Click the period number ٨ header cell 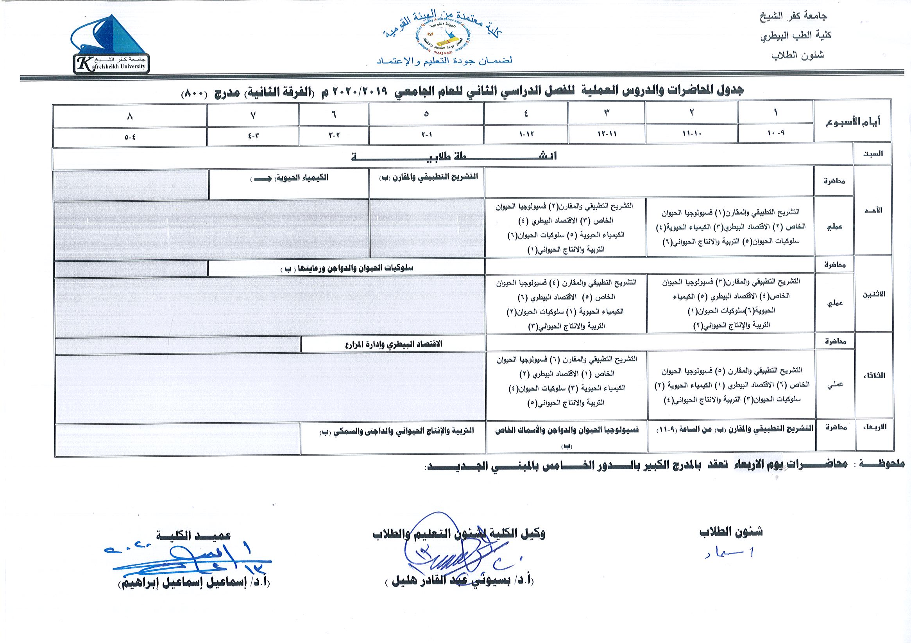click(x=130, y=117)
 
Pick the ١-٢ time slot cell click(x=426, y=134)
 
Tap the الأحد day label click(x=873, y=210)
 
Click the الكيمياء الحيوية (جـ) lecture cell click(x=289, y=179)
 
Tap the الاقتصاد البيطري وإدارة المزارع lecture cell click(x=393, y=344)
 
